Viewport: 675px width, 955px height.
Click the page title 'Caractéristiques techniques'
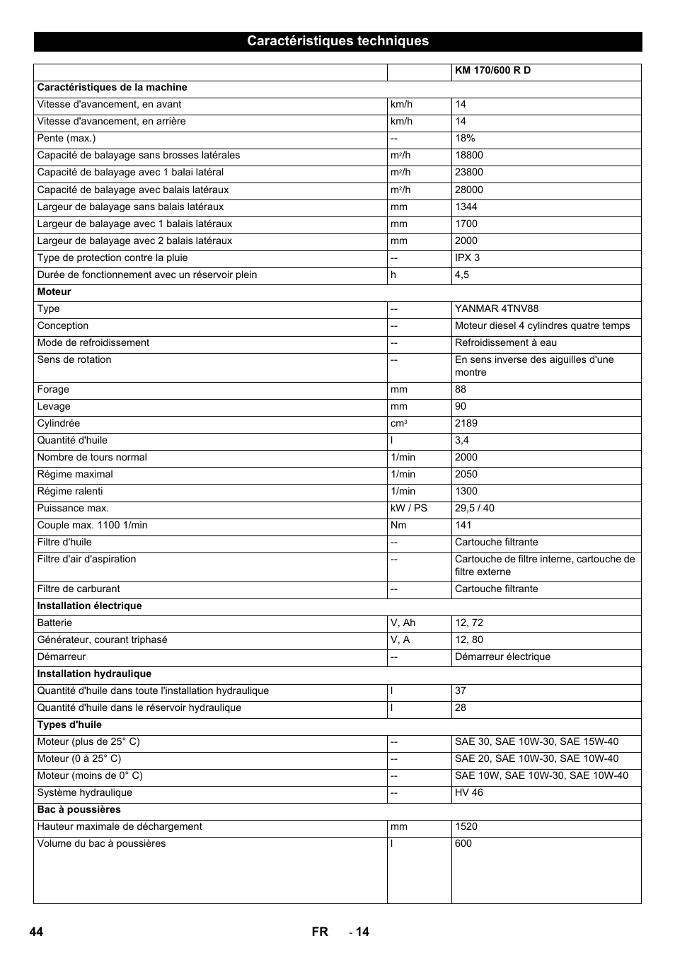coord(337,41)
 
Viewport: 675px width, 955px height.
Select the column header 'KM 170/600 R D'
coord(492,71)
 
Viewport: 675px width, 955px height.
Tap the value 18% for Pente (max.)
coord(465,139)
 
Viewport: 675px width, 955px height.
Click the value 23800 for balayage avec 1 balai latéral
coord(469,173)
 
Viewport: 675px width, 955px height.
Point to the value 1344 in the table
coord(466,207)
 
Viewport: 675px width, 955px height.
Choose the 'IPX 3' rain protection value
coord(467,258)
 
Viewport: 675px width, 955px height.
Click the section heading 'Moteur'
coord(54,292)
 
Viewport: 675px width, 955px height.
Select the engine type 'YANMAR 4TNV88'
coord(497,309)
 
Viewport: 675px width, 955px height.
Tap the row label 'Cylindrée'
coord(58,424)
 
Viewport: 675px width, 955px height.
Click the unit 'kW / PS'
coord(409,509)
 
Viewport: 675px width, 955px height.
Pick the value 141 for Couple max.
coord(463,526)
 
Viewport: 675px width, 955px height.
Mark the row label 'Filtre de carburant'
coord(79,589)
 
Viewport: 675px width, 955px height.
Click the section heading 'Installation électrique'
coord(89,606)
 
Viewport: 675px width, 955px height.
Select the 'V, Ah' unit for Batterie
coord(403,623)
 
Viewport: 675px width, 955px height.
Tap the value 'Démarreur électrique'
coord(502,657)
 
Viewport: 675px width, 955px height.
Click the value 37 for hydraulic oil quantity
coord(461,691)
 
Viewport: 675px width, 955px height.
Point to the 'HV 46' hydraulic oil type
coord(469,793)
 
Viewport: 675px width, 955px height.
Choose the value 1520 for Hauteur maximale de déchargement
coord(466,827)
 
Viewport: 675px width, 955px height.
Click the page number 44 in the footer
coord(36,932)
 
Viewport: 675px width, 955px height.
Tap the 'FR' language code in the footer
coord(320,932)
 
